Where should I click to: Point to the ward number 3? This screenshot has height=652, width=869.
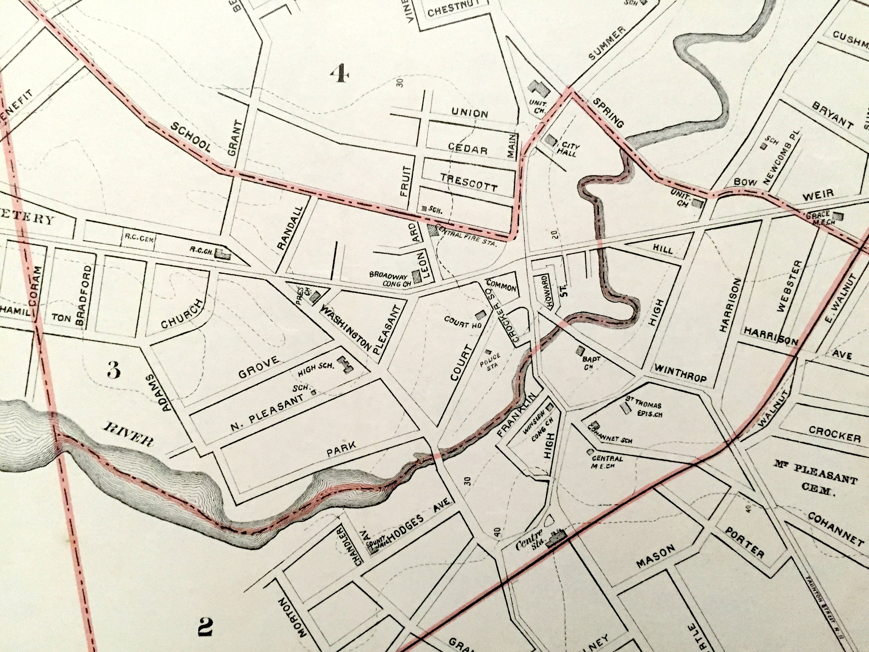(x=114, y=369)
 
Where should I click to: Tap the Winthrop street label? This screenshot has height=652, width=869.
(x=680, y=373)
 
